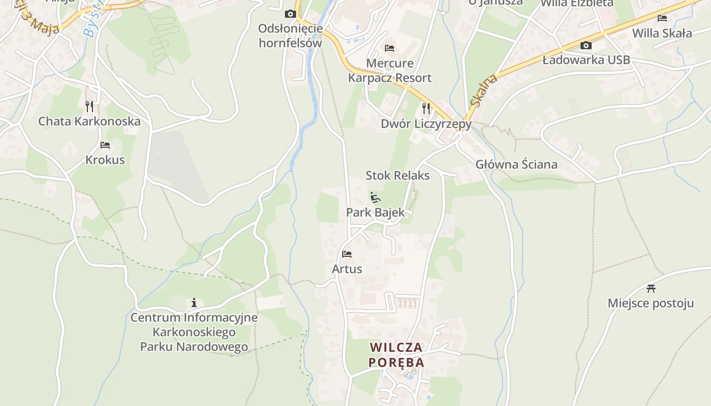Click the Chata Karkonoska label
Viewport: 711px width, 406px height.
coord(89,121)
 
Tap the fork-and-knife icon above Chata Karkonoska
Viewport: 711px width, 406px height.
coord(89,106)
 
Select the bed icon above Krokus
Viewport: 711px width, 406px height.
coord(105,145)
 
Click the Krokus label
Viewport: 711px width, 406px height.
coord(105,160)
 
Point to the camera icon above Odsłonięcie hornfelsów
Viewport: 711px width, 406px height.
coord(290,14)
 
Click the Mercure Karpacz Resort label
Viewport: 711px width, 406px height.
coord(390,71)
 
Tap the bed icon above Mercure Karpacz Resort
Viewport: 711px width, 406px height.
coord(390,48)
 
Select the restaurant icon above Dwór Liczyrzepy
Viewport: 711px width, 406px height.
coord(426,108)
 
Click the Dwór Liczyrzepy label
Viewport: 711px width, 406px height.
coord(426,124)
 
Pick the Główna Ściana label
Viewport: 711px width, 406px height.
coord(516,164)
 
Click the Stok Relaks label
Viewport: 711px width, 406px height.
coord(398,176)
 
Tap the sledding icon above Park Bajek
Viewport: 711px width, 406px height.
coord(375,197)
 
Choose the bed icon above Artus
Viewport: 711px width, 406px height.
coord(347,254)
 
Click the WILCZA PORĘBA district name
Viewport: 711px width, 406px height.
coord(397,355)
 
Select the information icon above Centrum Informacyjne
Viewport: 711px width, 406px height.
coord(194,303)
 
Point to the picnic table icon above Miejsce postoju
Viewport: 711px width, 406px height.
coord(651,289)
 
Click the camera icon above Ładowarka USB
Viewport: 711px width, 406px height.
coord(586,45)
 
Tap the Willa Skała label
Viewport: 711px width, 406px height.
coord(662,33)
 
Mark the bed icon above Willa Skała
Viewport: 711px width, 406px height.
coord(662,18)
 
